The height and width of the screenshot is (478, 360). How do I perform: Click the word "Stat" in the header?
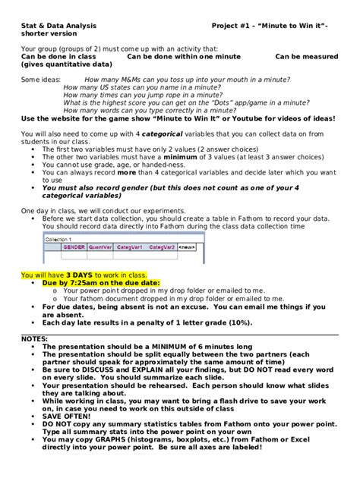pyautogui.click(x=28, y=25)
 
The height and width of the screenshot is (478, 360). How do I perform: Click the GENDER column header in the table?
pyautogui.click(x=74, y=247)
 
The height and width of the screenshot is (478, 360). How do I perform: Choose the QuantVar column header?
pyautogui.click(x=99, y=247)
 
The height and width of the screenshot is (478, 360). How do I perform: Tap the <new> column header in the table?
pyautogui.click(x=187, y=247)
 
